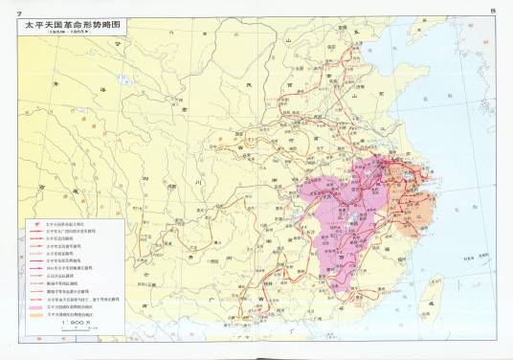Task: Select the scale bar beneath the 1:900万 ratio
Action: pyautogui.click(x=77, y=329)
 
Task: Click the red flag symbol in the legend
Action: pyautogui.click(x=35, y=218)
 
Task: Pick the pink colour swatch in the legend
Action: pyautogui.click(x=35, y=305)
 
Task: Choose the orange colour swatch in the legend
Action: pyautogui.click(x=35, y=313)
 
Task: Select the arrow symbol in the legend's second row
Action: pyautogui.click(x=35, y=226)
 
